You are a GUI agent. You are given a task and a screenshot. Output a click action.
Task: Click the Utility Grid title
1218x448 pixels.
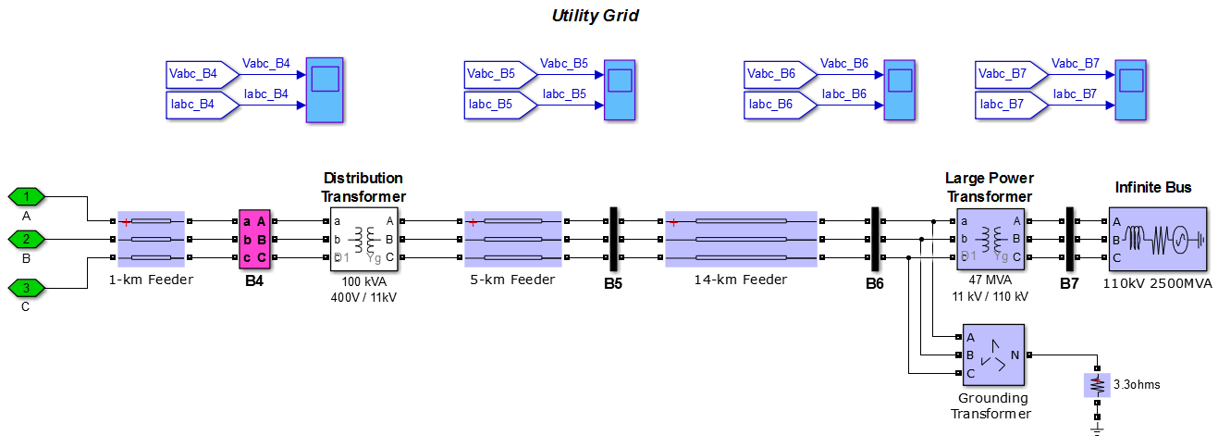(x=596, y=16)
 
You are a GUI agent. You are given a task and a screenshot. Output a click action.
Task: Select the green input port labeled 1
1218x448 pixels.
(x=28, y=196)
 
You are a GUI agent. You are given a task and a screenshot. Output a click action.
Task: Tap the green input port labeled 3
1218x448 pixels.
(x=28, y=287)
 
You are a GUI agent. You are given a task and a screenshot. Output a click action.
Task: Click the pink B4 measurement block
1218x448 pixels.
(x=254, y=239)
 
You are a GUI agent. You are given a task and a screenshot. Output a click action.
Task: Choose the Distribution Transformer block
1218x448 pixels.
(x=363, y=239)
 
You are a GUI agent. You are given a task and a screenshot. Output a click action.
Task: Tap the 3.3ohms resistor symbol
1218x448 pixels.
(x=1097, y=384)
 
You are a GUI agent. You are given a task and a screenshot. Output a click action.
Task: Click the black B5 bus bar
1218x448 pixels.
(x=612, y=239)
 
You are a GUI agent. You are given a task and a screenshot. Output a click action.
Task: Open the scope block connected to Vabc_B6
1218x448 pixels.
(x=900, y=90)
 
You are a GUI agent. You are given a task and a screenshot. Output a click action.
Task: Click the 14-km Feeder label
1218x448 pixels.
(x=741, y=280)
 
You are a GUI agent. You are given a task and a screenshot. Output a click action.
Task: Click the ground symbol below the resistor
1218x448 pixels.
(x=1097, y=429)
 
